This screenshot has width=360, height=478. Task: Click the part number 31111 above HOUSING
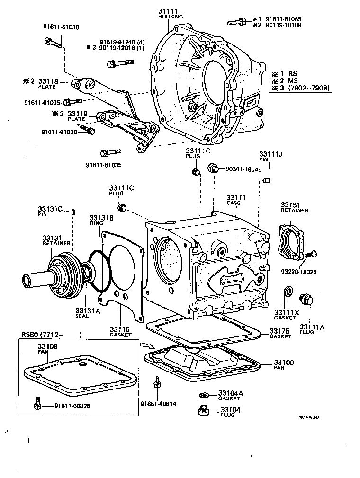[168, 11]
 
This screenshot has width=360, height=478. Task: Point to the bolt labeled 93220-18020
[310, 255]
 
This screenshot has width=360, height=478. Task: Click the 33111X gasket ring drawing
[287, 291]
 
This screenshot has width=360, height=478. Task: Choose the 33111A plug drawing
[306, 300]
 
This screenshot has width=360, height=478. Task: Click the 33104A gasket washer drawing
[205, 395]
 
